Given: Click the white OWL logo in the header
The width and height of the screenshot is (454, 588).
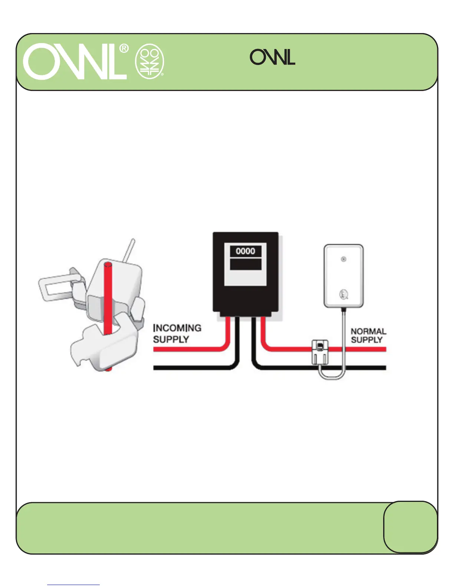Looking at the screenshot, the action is point(74,62).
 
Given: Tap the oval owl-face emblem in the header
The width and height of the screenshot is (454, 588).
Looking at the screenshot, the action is point(149,62).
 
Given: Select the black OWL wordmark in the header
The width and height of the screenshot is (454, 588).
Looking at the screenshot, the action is point(272,57).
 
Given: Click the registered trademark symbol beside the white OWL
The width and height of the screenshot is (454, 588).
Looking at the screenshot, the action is point(124,49).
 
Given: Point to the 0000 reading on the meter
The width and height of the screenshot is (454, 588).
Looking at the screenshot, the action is point(246,251).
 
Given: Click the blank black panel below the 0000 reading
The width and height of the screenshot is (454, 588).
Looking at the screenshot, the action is point(246,264).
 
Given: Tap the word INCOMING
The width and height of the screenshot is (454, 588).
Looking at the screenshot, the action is point(177,328).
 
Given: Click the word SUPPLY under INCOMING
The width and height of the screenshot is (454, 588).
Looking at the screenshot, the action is point(171,339).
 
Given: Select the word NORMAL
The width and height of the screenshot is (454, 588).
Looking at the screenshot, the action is point(368,331).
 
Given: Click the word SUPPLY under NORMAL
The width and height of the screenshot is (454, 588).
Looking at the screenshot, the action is point(366,340).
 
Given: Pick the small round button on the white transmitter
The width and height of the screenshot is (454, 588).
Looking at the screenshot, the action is point(343,259).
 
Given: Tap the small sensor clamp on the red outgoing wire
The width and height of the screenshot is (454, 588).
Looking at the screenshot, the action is point(319,353).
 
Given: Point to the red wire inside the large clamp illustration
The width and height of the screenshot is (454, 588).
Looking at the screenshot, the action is point(108,297).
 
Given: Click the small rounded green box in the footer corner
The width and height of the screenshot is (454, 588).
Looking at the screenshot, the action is point(410,527).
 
